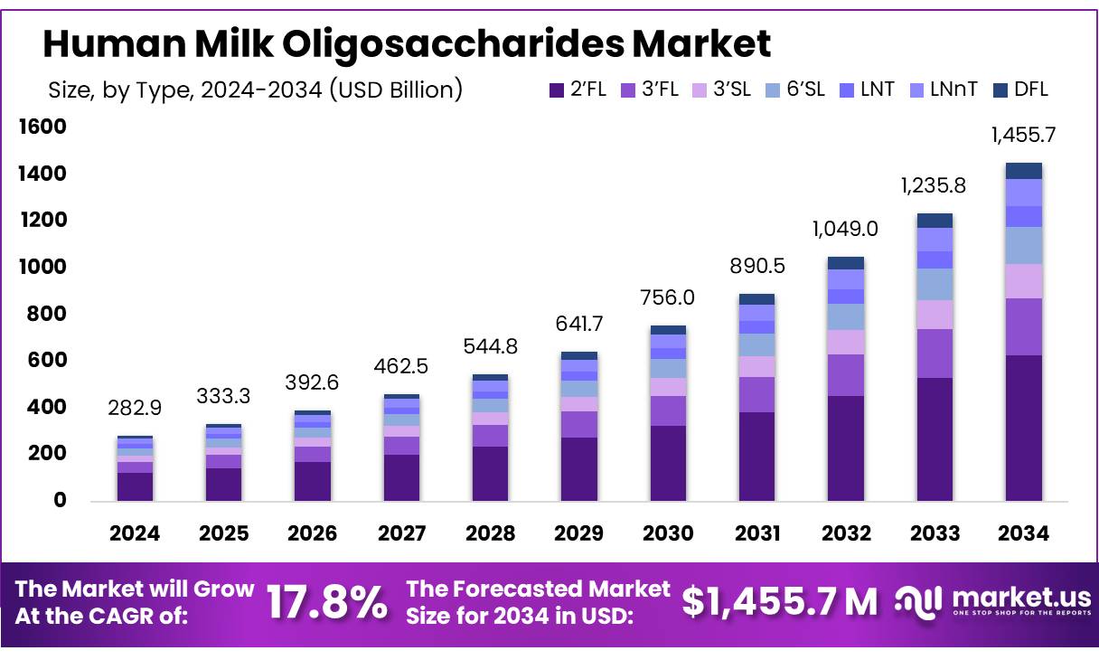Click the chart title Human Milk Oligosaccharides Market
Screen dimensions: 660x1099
click(407, 42)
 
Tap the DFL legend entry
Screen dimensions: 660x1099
click(1020, 90)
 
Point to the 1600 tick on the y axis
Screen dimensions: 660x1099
click(42, 127)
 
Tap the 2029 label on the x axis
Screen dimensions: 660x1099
click(578, 534)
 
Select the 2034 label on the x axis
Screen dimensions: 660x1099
click(1023, 534)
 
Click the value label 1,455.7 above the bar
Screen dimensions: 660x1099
click(1023, 136)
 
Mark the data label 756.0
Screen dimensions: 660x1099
click(668, 297)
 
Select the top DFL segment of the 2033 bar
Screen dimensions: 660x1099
click(935, 220)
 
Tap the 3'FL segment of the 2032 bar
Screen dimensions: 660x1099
click(845, 375)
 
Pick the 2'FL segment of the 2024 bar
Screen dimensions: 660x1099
click(134, 486)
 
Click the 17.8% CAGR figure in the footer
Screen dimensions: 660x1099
click(327, 601)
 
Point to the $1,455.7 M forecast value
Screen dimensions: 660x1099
click(779, 601)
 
